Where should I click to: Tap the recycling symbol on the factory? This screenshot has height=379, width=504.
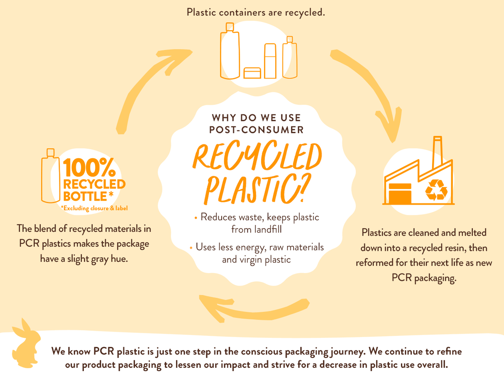[x=437, y=190]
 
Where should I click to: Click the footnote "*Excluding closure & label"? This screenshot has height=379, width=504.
[x=94, y=208]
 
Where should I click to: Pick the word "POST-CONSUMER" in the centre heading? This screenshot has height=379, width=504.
[x=256, y=130]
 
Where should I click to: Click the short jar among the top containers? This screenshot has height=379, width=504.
[x=252, y=73]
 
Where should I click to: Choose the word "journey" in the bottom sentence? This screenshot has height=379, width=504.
[x=347, y=352]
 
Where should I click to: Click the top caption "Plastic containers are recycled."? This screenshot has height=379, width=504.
[x=256, y=12]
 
